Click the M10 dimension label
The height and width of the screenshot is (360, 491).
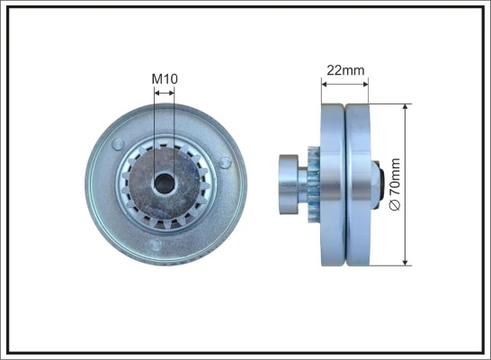(x=164, y=79)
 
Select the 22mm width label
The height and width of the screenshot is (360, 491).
(x=344, y=70)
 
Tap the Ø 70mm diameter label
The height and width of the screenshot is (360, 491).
(x=393, y=184)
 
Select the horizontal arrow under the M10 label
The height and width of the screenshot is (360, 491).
(x=164, y=92)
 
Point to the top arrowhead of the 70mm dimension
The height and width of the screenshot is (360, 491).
(x=406, y=108)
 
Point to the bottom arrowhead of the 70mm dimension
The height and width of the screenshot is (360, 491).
(x=406, y=260)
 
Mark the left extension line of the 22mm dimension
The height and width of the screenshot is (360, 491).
(x=321, y=94)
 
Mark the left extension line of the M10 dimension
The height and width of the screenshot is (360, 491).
(x=154, y=126)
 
